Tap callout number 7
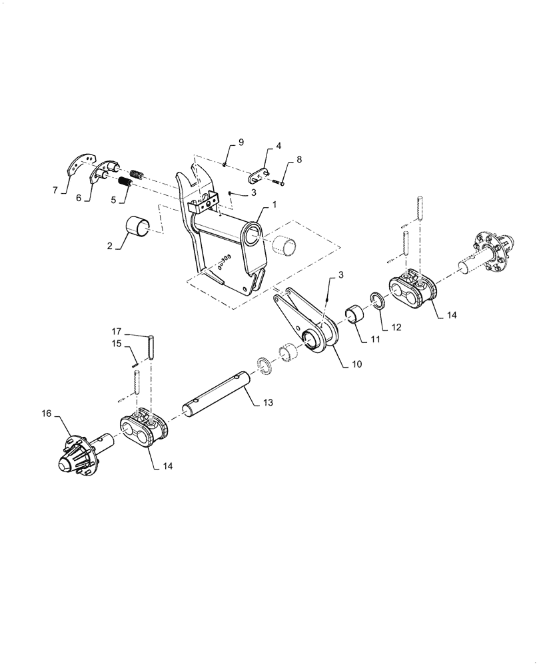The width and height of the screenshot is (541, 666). (55, 190)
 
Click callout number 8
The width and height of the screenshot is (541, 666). (299, 160)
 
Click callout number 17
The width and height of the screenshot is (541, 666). (116, 331)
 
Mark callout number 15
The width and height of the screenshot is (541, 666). (116, 344)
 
